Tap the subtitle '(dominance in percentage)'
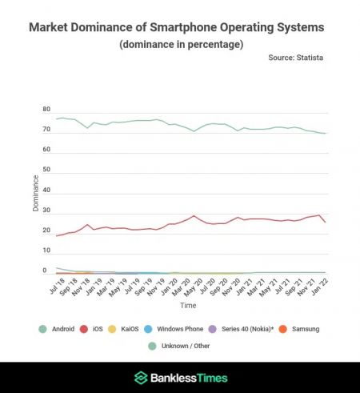[180, 45]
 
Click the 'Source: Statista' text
[302, 59]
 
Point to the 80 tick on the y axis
[46, 110]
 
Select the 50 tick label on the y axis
[46, 170]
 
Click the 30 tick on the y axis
[46, 211]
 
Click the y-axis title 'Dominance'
[36, 192]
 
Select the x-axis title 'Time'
[189, 307]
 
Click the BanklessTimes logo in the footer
[180, 378]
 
